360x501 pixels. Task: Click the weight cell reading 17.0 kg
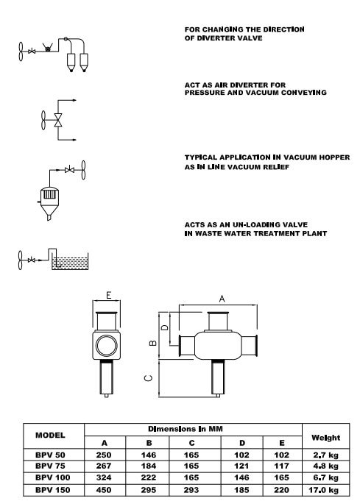[x=323, y=489]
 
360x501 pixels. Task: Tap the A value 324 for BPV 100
[x=104, y=477]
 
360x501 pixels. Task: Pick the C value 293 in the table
[x=191, y=489]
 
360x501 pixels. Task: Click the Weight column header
[x=325, y=438]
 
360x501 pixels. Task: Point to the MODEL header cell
[x=50, y=435]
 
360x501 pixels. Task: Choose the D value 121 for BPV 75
[x=241, y=466]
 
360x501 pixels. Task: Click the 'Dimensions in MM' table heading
[x=186, y=429]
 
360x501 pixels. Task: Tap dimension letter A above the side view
[x=222, y=299]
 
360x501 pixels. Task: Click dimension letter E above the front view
[x=109, y=295]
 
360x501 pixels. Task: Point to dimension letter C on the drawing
[x=149, y=378]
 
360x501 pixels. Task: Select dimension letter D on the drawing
[x=164, y=327]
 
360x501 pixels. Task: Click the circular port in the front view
[x=107, y=345]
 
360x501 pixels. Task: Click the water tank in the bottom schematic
[x=70, y=261]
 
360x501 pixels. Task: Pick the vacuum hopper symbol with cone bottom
[x=49, y=202]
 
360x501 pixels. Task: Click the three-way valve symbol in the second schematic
[x=58, y=120]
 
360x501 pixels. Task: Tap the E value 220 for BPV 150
[x=281, y=489]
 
